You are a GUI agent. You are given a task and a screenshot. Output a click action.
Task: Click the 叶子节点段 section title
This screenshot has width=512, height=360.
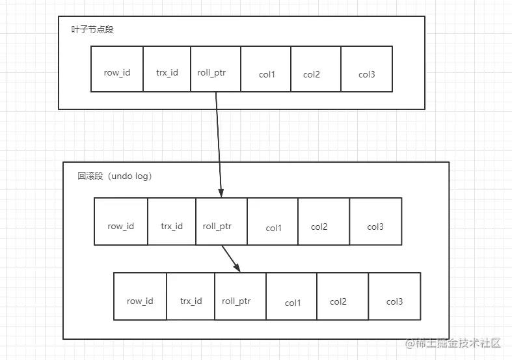click(92, 30)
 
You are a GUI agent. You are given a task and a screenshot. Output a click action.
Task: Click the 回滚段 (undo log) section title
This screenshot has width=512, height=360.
click(115, 176)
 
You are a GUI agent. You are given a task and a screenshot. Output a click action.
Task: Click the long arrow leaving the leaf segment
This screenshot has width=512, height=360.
click(218, 143)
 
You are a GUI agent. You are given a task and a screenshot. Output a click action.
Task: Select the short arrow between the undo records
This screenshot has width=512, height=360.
click(231, 258)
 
